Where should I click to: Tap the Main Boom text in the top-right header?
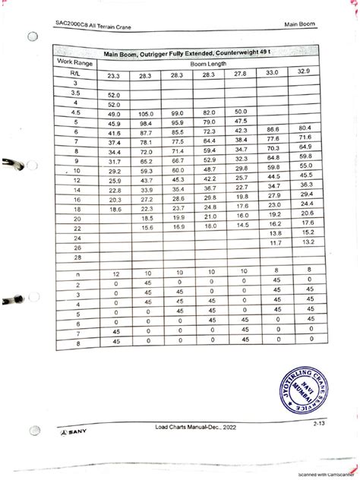(x=301, y=27)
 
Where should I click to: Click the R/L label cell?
(x=77, y=74)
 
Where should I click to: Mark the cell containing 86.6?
(x=275, y=131)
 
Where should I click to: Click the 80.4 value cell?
(x=306, y=128)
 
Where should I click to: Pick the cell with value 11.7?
(x=275, y=243)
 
